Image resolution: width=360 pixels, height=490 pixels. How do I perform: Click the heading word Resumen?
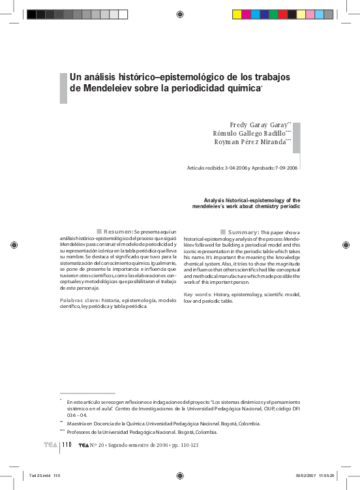point(119,232)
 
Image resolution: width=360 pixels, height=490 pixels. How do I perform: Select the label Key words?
point(197,294)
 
